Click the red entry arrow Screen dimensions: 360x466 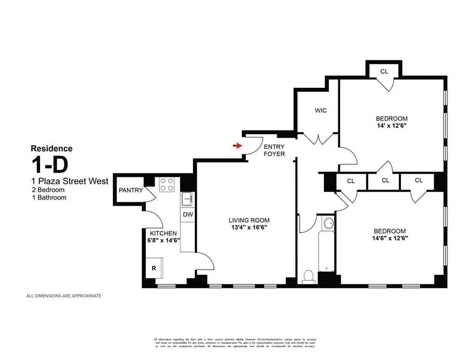[x=236, y=145]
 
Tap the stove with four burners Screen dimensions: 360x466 [x=167, y=184]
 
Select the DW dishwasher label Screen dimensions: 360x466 [x=188, y=215]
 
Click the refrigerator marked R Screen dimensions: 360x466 [x=154, y=268]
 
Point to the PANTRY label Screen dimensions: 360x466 [x=131, y=190]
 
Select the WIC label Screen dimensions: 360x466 [x=321, y=110]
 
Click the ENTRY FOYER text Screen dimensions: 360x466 [x=274, y=150]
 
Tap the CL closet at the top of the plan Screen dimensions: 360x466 [x=384, y=71]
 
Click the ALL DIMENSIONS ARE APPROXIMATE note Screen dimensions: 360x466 [x=64, y=296]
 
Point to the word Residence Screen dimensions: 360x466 [x=51, y=148]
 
